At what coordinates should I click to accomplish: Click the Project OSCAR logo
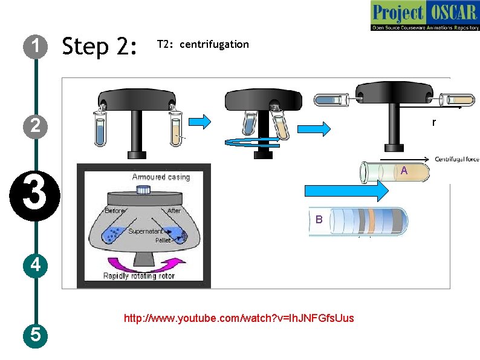[x=424, y=16]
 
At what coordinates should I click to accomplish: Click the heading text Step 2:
[x=100, y=46]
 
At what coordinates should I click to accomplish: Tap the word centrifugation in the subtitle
[x=215, y=44]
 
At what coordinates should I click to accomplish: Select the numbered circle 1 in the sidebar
[x=36, y=46]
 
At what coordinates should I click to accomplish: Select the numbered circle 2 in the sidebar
[x=36, y=126]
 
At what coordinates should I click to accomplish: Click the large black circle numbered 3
[x=36, y=197]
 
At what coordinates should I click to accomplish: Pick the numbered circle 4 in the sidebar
[x=36, y=264]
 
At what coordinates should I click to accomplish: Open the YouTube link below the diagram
[x=239, y=318]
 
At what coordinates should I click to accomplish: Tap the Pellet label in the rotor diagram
[x=163, y=240]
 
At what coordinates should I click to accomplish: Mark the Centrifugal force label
[x=456, y=159]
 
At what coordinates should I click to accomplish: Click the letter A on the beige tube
[x=404, y=172]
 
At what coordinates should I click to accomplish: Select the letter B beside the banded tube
[x=319, y=220]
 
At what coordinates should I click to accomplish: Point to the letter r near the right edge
[x=433, y=123]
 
